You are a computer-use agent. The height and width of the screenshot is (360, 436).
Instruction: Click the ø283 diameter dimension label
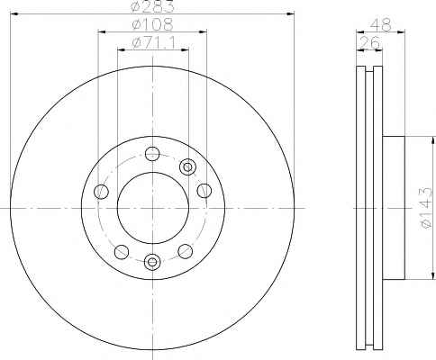click(153, 6)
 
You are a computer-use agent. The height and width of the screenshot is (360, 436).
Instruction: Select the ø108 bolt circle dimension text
click(153, 24)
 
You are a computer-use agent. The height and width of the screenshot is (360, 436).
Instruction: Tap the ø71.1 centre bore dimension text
click(153, 43)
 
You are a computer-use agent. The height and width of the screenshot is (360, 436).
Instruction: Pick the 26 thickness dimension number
click(370, 43)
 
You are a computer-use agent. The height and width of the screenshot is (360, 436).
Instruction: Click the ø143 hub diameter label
click(426, 208)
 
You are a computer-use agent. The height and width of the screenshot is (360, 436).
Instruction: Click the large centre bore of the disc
click(153, 208)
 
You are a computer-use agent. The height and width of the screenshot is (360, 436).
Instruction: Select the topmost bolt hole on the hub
click(152, 154)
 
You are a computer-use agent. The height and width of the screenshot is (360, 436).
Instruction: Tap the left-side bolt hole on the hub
click(101, 192)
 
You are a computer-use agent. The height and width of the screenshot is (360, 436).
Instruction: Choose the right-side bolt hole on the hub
click(204, 191)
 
